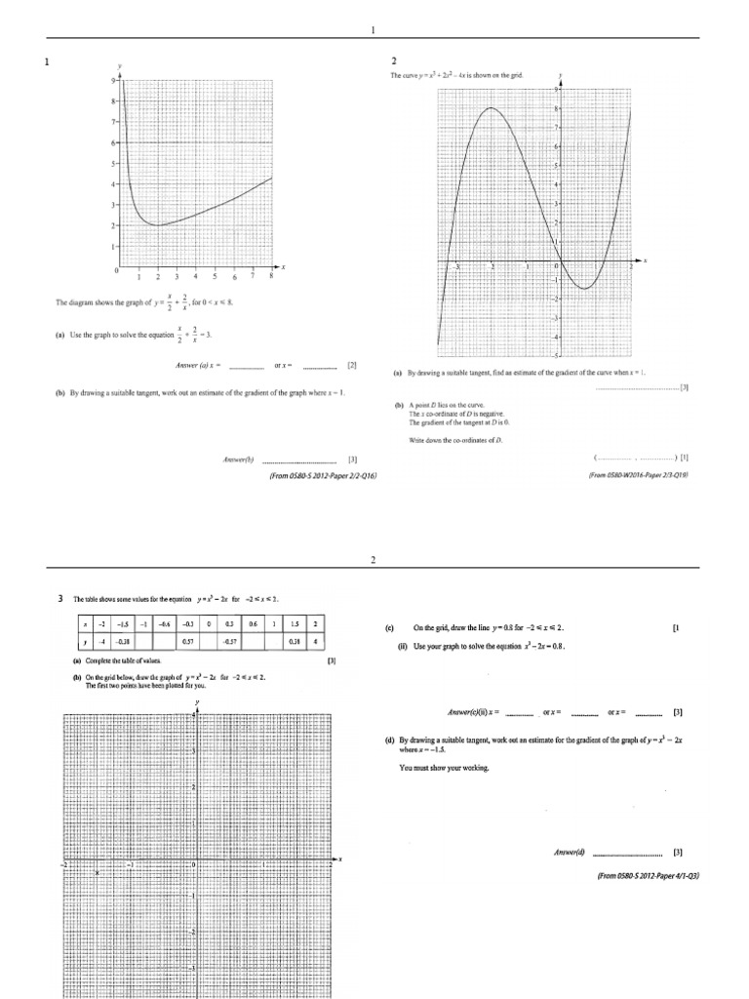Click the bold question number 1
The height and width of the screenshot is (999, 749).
(46, 62)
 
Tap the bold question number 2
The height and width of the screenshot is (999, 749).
(394, 61)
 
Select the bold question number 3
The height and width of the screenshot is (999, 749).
(61, 598)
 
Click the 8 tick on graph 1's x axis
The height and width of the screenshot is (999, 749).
(271, 277)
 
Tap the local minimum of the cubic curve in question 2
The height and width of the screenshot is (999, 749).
(583, 288)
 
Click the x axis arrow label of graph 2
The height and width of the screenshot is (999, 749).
(646, 261)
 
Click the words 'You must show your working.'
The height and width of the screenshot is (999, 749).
(444, 768)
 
